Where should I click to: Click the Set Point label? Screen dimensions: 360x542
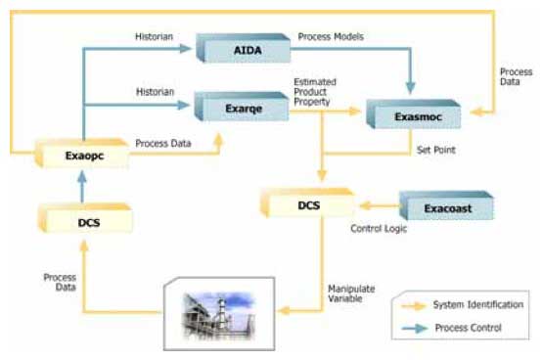[436, 152]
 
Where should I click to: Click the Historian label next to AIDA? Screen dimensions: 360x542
[153, 36]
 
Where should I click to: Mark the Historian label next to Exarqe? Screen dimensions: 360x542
[153, 91]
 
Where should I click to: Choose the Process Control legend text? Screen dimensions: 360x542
[473, 328]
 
